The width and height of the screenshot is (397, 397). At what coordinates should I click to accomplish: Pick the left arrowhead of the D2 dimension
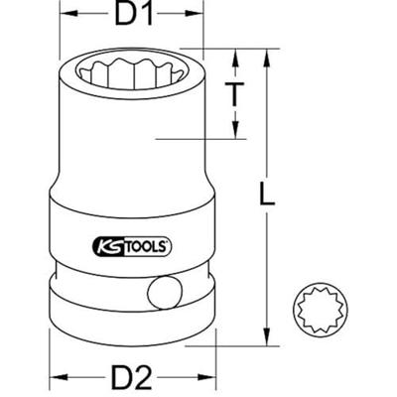[55, 378]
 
